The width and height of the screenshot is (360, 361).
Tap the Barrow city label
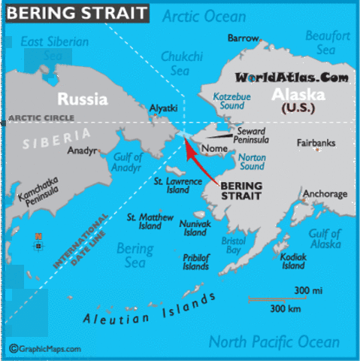point(243,38)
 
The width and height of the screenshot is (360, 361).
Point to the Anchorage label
point(325,194)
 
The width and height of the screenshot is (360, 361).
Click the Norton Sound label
point(253,162)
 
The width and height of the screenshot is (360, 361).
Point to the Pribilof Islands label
point(196,261)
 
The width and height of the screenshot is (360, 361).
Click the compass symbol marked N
point(38,242)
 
